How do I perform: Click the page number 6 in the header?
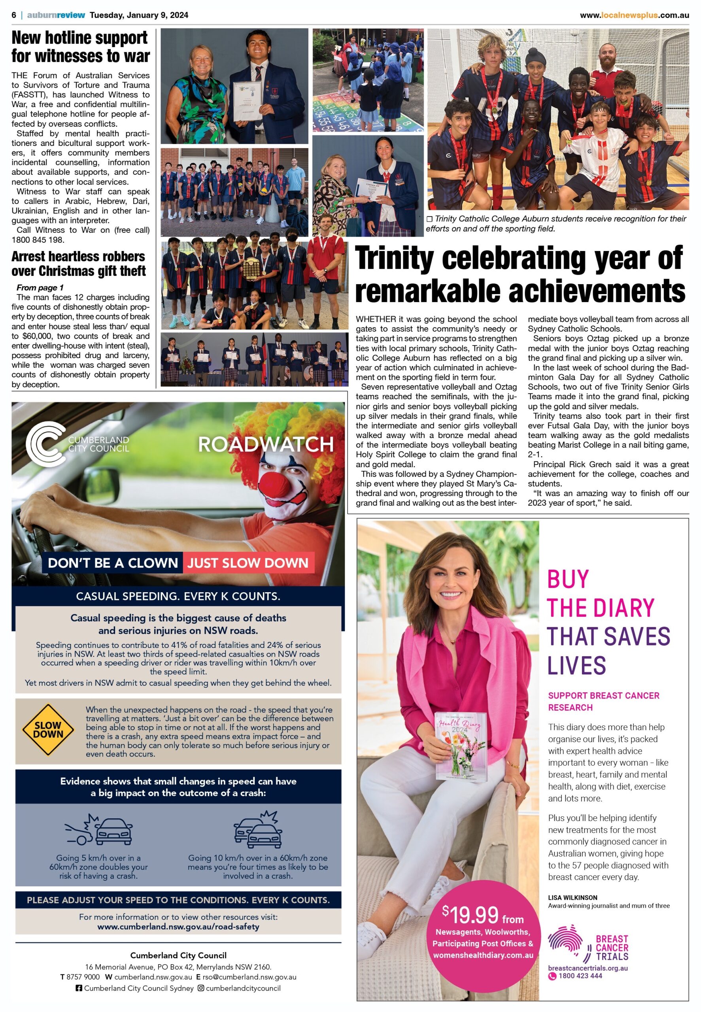click(x=14, y=15)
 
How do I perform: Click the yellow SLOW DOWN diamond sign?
click(x=49, y=730)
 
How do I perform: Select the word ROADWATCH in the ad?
click(x=266, y=444)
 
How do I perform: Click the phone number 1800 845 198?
click(x=38, y=240)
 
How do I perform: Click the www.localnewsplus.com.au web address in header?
click(x=634, y=15)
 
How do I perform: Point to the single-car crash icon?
click(x=99, y=828)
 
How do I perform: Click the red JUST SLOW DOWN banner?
click(x=248, y=563)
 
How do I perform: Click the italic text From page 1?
click(x=40, y=287)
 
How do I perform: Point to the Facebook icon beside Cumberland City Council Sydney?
click(x=79, y=988)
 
